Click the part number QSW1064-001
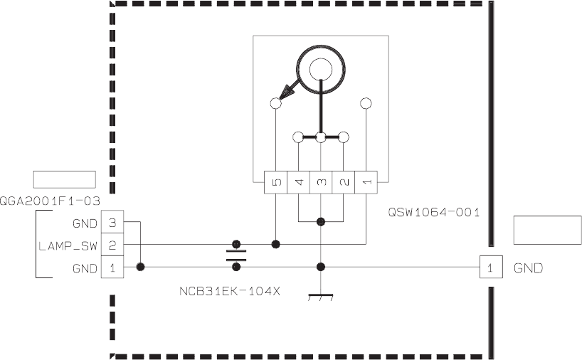(434, 212)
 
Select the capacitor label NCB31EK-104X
(229, 290)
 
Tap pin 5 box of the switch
(276, 182)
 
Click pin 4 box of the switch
(299, 182)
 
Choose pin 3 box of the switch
(321, 182)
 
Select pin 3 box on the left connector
(112, 223)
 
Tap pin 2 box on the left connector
(112, 245)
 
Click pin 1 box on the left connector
(112, 268)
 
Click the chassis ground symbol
(321, 295)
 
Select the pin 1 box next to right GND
(489, 268)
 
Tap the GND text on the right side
(528, 268)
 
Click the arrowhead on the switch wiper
(289, 91)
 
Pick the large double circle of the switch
(321, 68)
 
